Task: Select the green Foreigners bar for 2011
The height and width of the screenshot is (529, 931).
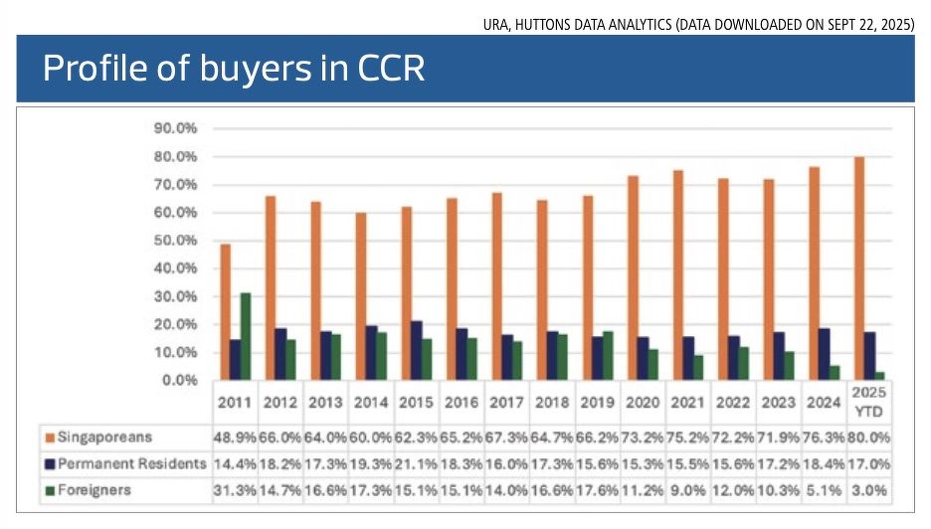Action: (245, 336)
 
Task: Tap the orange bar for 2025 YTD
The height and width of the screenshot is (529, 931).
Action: (858, 267)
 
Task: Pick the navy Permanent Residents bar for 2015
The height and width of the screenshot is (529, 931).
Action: (416, 350)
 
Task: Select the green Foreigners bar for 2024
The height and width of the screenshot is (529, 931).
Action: (834, 372)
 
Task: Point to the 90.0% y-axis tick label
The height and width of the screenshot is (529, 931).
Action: (175, 128)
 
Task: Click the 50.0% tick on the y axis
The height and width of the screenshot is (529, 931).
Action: (175, 241)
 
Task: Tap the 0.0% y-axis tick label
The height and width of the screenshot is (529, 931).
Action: (179, 380)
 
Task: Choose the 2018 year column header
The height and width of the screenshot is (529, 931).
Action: (552, 404)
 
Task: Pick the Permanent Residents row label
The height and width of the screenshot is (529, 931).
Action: (131, 463)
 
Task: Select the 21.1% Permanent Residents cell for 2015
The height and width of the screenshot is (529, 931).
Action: (416, 463)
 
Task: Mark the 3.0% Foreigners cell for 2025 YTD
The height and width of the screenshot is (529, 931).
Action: (868, 490)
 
